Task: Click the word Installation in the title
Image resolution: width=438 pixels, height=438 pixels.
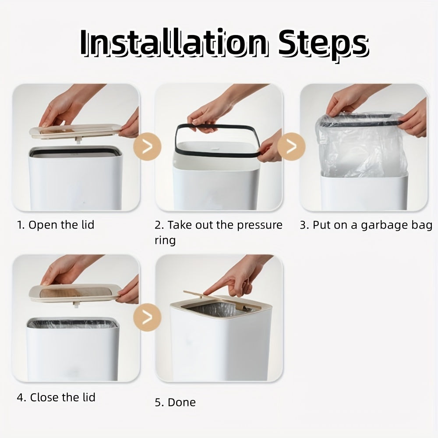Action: [174, 43]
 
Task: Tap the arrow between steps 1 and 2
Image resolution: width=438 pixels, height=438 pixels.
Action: [147, 146]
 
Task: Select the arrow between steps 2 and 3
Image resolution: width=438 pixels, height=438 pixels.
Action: [291, 146]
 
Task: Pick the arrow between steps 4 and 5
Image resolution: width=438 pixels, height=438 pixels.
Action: [147, 317]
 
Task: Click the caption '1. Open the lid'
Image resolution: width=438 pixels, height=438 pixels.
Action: [56, 225]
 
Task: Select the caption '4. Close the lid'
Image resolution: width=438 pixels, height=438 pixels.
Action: [56, 397]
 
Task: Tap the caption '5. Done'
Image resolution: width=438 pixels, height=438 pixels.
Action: [176, 403]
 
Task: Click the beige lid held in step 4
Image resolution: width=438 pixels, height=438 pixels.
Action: [75, 293]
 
